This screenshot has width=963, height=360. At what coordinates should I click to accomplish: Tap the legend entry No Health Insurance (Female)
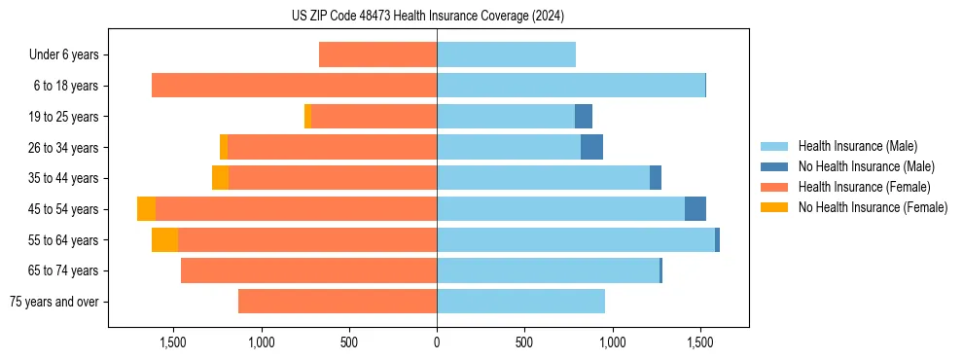point(873,207)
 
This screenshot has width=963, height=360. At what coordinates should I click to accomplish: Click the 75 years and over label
point(54,302)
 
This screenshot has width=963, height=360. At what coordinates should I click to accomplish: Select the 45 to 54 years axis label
point(64,209)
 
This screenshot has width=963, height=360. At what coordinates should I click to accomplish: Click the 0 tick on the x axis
point(437,342)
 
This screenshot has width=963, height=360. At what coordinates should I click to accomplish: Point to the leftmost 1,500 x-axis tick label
point(173,342)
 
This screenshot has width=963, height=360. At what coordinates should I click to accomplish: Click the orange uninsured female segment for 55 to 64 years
point(164,240)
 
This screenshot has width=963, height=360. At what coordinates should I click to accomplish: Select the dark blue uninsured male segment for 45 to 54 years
point(695,209)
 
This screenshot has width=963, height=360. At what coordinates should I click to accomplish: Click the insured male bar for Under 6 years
point(506,54)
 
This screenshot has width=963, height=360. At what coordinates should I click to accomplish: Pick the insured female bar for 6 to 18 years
point(294,86)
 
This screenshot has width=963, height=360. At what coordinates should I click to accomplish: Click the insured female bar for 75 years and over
point(338,302)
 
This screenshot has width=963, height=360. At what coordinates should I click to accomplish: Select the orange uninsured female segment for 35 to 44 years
point(220,178)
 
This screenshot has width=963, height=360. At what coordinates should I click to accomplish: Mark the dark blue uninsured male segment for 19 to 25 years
point(584,117)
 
